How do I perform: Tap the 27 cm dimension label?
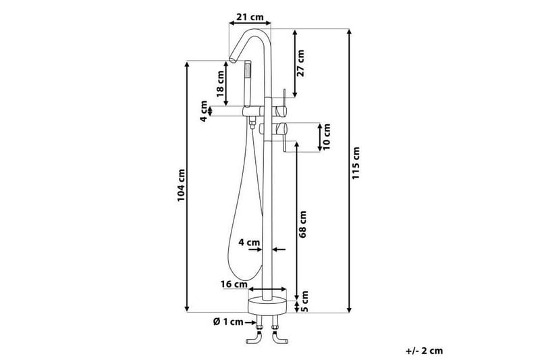[301, 62]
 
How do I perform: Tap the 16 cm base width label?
[234, 284]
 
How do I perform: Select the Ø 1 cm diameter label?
[227, 322]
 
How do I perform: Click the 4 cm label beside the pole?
[249, 242]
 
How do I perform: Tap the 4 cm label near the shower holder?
[203, 111]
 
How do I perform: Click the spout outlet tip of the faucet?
[231, 60]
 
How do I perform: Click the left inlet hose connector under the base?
[257, 338]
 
